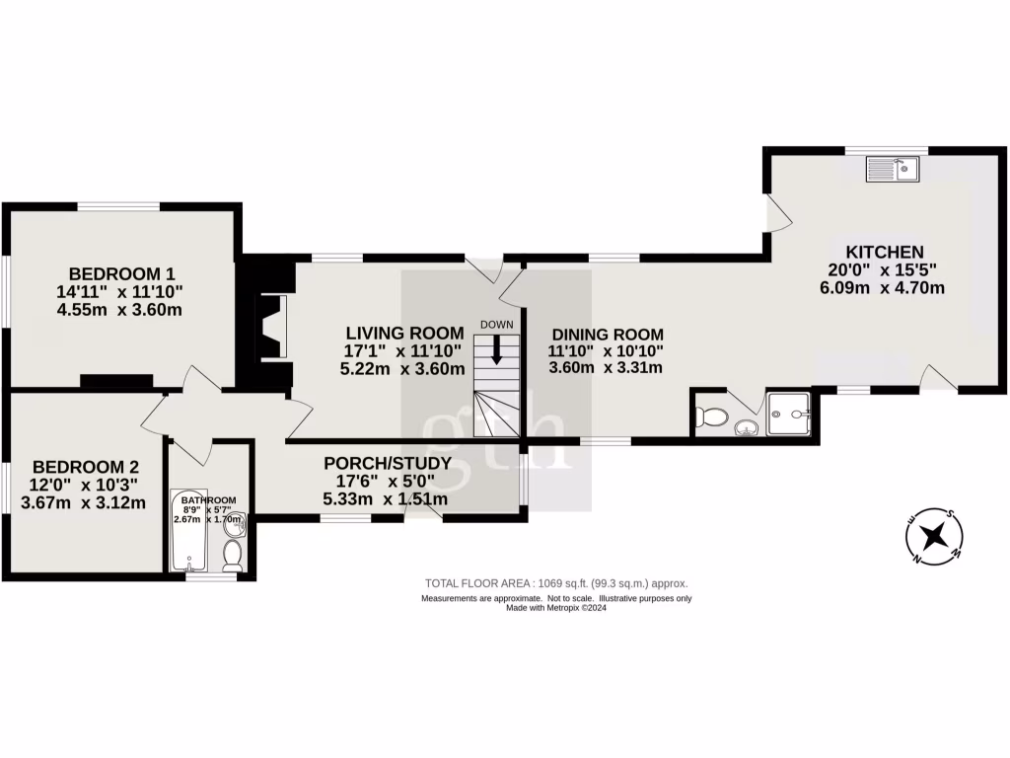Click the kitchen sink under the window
tap(893, 170)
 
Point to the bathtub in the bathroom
tap(187, 530)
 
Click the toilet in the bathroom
tap(233, 557)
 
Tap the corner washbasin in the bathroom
tap(234, 524)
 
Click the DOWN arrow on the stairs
tap(496, 348)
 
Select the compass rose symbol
tap(934, 537)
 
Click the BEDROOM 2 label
tap(85, 467)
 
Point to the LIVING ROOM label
tap(403, 333)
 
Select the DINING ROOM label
tap(607, 334)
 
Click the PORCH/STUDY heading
tap(388, 463)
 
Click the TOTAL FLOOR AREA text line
tap(555, 583)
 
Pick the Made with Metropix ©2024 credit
tap(555, 608)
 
